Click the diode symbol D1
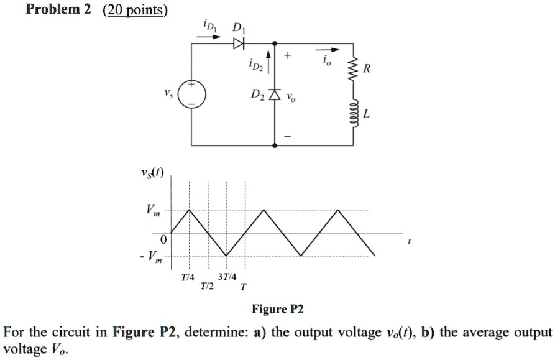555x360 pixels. pos(239,44)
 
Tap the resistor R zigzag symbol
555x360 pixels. pos(354,68)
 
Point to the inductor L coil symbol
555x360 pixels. pos(354,113)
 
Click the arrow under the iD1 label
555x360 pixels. pos(209,37)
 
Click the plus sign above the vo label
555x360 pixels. pos(288,57)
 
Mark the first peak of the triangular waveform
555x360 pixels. pos(190,210)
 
